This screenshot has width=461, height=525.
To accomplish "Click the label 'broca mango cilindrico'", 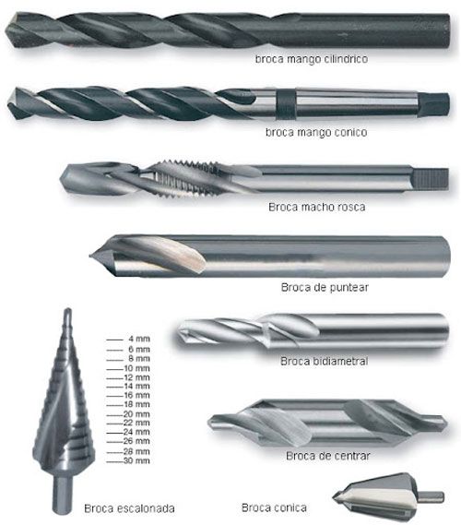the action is point(312,59).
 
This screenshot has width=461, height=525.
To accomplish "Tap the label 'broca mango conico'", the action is point(316,132).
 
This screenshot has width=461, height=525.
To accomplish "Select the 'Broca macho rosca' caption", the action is point(316,207).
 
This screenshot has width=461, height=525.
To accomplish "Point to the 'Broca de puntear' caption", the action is point(325,287).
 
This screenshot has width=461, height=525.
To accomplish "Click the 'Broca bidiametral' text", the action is point(324,361).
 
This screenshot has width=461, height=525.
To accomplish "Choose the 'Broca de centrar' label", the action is point(328,456).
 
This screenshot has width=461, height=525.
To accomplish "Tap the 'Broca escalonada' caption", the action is point(129,508).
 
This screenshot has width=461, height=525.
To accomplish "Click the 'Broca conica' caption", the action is point(274,507).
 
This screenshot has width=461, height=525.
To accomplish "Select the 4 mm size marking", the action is point(139,339).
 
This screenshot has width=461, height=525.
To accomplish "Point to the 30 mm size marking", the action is point(136,460).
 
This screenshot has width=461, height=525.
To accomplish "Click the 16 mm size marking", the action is point(136,396).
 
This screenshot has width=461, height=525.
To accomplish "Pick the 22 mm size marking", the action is point(136,423).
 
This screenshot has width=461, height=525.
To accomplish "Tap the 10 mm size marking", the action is point(136,368).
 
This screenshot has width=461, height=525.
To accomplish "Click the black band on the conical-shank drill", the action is point(286,102).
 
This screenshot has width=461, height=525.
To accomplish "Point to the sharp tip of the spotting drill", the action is point(90,257).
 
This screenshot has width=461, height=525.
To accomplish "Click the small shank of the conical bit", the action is point(431,497).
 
